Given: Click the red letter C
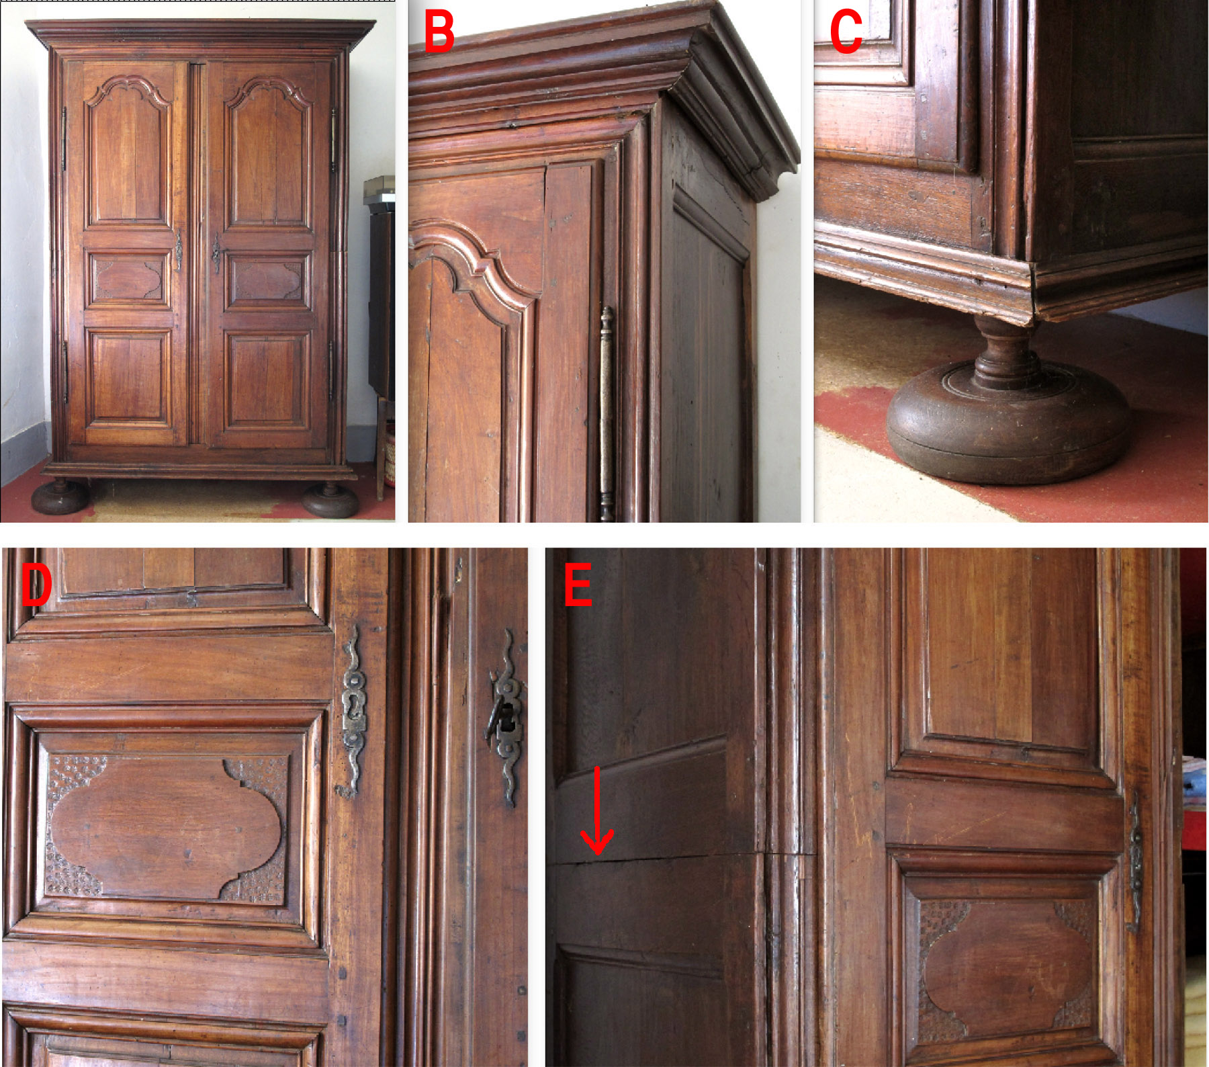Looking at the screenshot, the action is pos(846,32).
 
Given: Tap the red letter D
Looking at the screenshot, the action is pos(36,583).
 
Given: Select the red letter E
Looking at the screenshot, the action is pos(578,584).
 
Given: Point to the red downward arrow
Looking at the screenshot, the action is pos(596,810).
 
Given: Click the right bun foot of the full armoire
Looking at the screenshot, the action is pos(330,500).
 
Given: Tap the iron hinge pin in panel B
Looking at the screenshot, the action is pos(607,413).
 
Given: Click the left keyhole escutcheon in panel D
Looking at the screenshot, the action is pos(353,710).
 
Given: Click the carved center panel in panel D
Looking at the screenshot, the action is pos(166,827).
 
